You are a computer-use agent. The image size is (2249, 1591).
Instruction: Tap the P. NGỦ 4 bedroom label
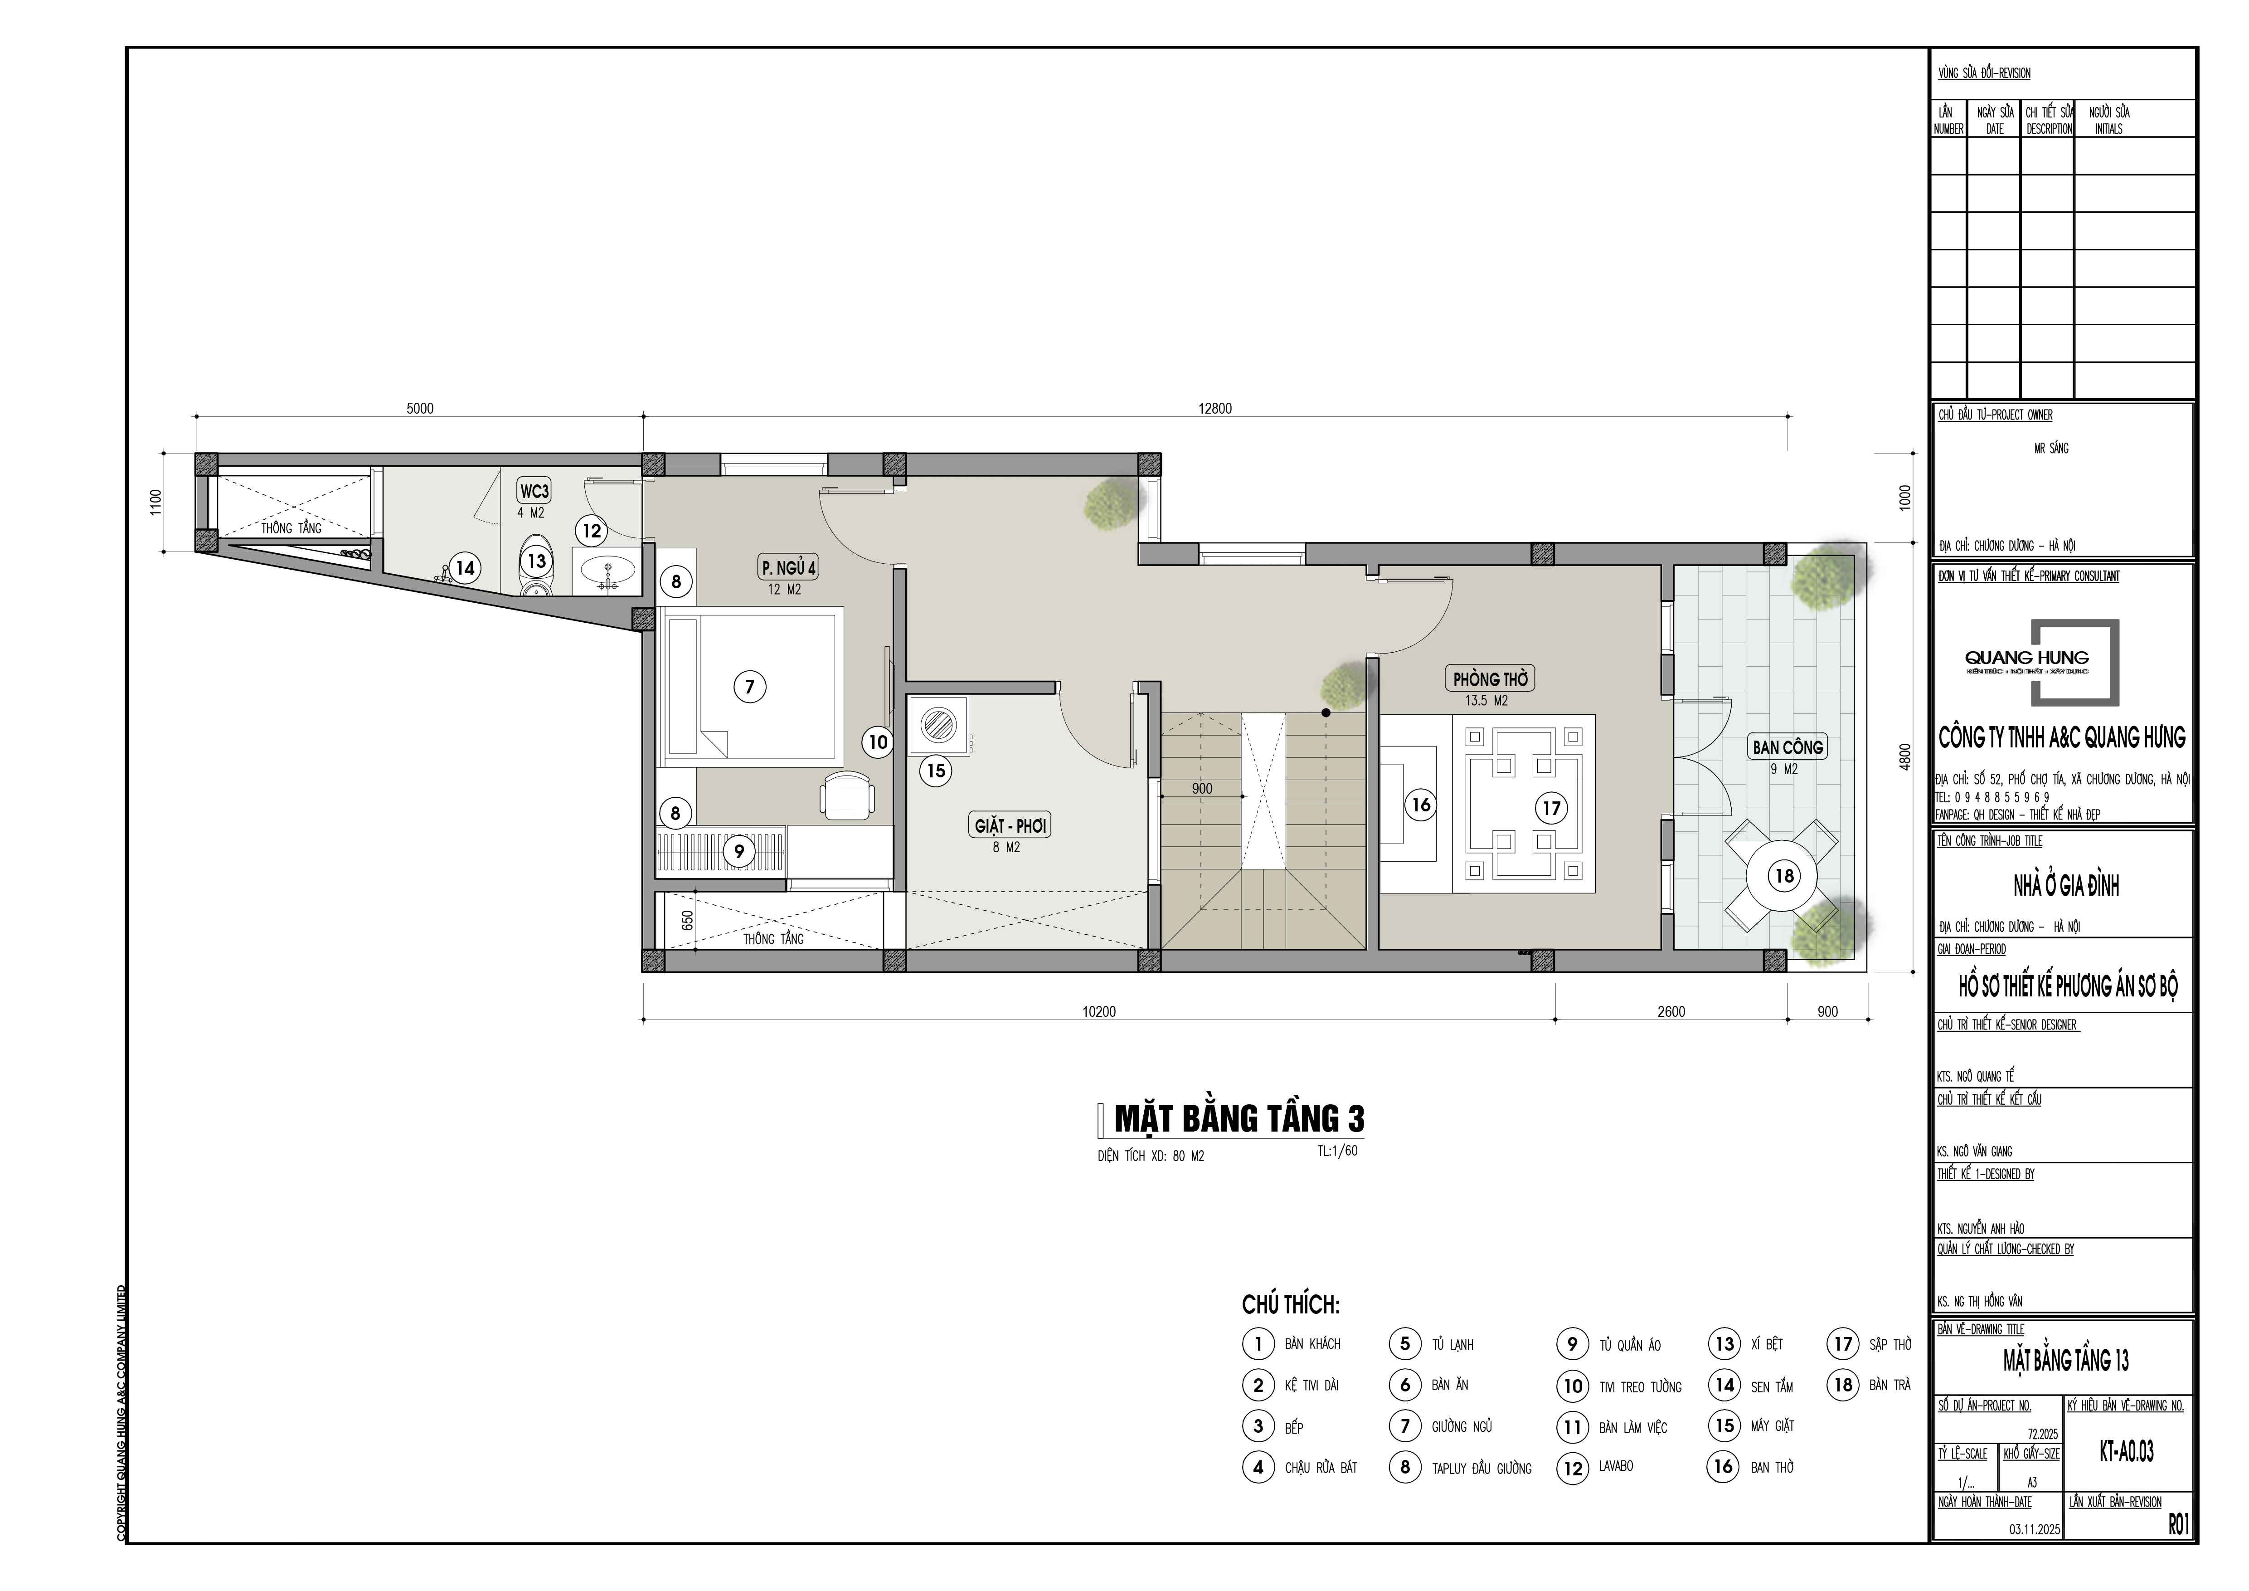pos(788,567)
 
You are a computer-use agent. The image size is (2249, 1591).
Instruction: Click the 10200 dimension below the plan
pos(1099,1012)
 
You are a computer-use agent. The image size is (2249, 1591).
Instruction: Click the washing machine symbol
pos(938,726)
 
